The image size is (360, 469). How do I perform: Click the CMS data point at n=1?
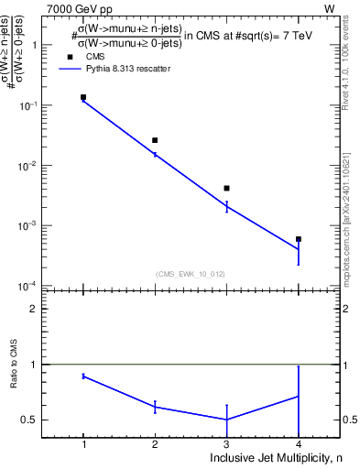(83, 97)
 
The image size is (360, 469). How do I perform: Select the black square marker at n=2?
(155, 140)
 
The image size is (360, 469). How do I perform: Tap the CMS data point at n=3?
(226, 188)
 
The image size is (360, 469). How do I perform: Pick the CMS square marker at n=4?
(298, 239)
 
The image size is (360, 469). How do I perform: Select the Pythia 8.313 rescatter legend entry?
(119, 69)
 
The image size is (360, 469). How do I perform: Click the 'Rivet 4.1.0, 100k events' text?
(347, 64)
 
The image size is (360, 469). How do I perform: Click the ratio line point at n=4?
(298, 397)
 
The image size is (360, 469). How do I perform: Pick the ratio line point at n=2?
(155, 407)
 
